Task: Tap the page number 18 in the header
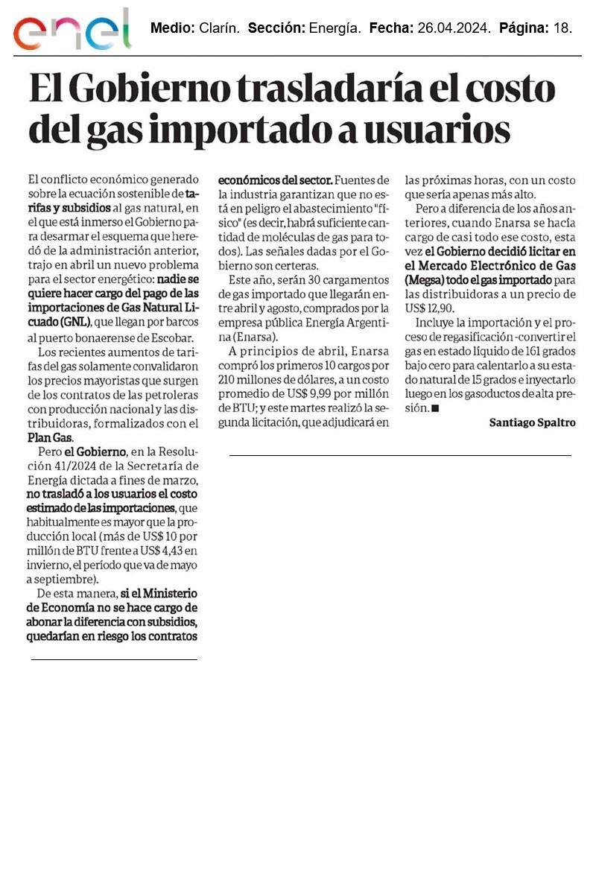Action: [564, 28]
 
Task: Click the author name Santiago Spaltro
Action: [532, 422]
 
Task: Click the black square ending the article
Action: [435, 408]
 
